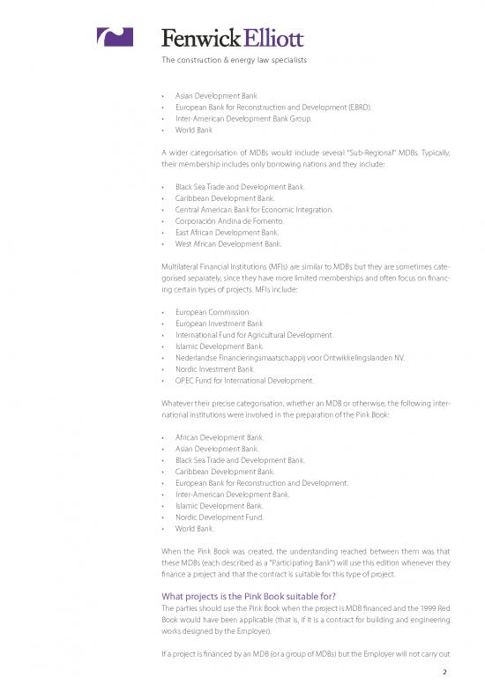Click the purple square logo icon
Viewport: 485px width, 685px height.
(x=114, y=36)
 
